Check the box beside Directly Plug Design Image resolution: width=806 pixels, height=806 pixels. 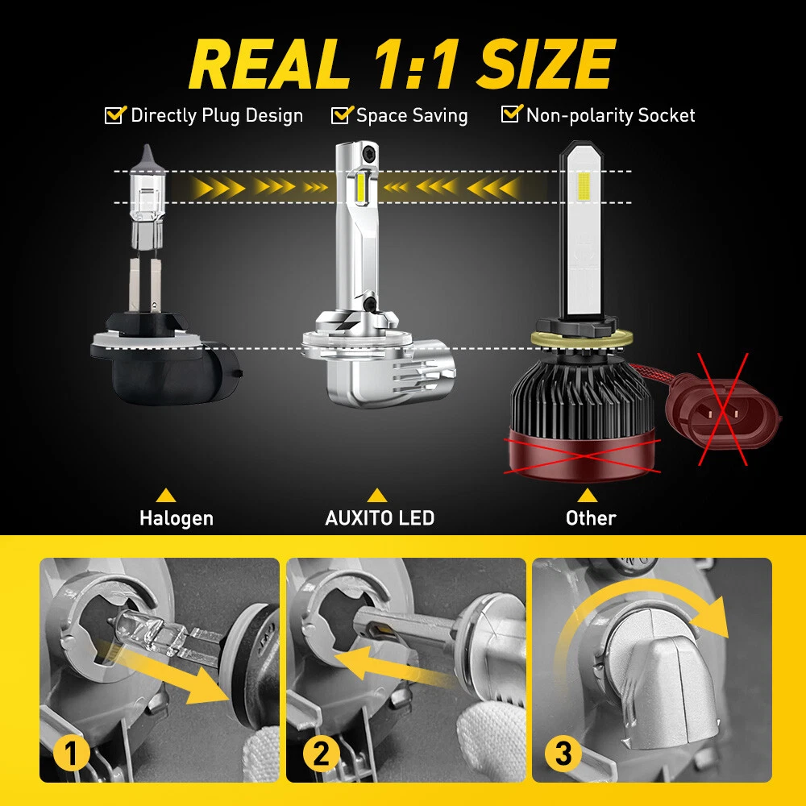tap(114, 114)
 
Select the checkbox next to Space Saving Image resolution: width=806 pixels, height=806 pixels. tap(342, 114)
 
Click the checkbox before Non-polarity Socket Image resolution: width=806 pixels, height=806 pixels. tap(512, 114)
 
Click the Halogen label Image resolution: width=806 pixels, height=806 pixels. tap(177, 518)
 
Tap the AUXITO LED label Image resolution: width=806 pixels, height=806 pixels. tap(380, 517)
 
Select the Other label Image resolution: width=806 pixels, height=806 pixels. tap(591, 518)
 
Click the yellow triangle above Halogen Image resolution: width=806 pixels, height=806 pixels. tap(165, 496)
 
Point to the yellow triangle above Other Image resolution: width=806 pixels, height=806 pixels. tap(587, 496)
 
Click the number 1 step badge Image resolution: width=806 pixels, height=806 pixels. tap(71, 754)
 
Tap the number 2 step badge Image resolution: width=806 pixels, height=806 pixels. tap(321, 754)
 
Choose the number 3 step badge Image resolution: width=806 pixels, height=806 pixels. tap(563, 754)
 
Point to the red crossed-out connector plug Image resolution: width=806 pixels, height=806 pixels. tap(723, 409)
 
